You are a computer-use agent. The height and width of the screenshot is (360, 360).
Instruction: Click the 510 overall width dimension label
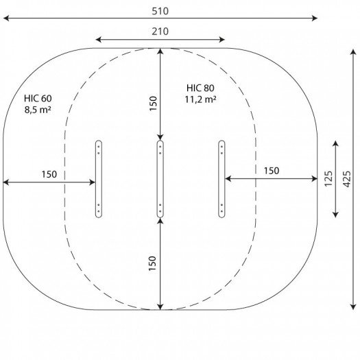pos(160,11)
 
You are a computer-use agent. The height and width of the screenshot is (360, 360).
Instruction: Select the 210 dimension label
pos(160,32)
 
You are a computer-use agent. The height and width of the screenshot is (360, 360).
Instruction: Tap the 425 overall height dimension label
pos(347,179)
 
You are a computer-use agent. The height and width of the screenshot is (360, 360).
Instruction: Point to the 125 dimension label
pos(328,179)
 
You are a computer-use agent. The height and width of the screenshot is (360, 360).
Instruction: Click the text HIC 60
pos(38,98)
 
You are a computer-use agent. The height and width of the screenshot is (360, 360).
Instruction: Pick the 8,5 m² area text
pos(38,110)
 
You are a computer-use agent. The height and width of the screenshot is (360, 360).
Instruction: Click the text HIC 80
pos(200,88)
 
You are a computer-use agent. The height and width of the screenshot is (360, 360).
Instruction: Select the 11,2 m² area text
pos(200,99)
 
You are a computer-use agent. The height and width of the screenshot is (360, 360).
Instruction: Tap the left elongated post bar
pos(99,179)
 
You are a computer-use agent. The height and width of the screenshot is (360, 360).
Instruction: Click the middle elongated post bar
pos(160,179)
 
